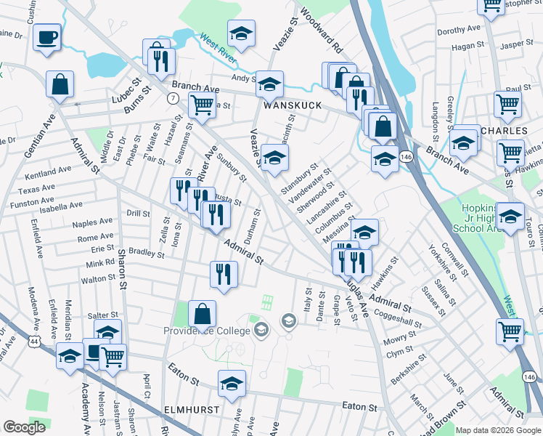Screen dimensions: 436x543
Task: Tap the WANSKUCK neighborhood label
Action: coord(286,105)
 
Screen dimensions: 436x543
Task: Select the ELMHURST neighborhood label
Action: coord(192,410)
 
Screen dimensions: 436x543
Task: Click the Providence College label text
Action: coord(212,331)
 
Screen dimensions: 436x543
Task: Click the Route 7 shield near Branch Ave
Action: coord(173,97)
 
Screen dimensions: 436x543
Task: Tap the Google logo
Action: coord(25,427)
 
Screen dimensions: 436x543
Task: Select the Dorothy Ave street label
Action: coord(459,30)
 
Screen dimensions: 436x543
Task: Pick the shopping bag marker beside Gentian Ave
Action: coord(60,84)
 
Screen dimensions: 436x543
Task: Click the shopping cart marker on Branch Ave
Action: coord(202,105)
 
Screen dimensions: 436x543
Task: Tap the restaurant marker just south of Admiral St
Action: coord(224,275)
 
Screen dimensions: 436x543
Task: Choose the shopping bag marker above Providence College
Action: coord(203,314)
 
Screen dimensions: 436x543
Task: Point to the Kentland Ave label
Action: coord(48,172)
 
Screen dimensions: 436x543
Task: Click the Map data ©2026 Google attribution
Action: coord(498,429)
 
